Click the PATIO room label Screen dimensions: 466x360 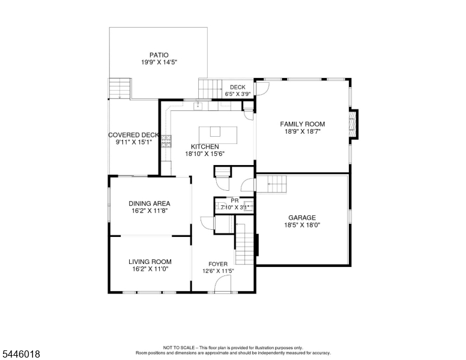159,55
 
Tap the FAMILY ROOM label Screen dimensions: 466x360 303,124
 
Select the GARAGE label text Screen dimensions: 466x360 302,218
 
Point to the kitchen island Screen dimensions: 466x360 218,135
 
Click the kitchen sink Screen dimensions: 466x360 198,106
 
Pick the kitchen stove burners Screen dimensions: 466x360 166,142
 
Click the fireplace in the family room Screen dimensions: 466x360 353,124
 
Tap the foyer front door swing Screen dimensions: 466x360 223,284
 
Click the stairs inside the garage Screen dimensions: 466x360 271,184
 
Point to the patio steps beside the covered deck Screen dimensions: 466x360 120,88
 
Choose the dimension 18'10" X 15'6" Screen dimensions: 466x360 205,154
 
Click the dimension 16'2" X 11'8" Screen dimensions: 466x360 150,211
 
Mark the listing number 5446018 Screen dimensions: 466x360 21,354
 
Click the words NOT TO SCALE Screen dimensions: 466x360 178,347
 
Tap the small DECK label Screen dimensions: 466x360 238,87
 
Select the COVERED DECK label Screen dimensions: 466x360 133,135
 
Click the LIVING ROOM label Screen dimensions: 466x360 150,262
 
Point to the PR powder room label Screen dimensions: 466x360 235,200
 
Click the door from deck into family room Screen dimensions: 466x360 262,88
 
